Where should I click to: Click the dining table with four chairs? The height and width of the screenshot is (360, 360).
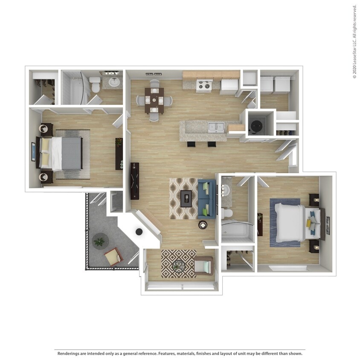tap(154, 100)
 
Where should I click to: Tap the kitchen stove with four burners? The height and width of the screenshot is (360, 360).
tap(203, 86)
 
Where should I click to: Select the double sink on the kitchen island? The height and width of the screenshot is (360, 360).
tap(216, 127)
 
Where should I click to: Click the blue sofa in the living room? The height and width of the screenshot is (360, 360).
tap(206, 198)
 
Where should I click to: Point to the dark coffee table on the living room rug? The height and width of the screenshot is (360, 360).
tap(186, 198)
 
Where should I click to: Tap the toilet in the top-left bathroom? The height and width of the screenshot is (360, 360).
tap(95, 84)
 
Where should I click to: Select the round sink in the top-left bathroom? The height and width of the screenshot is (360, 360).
tap(114, 81)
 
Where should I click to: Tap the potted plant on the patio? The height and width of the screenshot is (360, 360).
tap(99, 242)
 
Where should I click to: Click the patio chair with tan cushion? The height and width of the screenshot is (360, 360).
tap(113, 257)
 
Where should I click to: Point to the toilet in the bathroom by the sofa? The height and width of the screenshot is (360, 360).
tap(227, 213)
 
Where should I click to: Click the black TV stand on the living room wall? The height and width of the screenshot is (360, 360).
tap(134, 181)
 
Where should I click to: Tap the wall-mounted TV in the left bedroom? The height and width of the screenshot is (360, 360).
tap(33, 151)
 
